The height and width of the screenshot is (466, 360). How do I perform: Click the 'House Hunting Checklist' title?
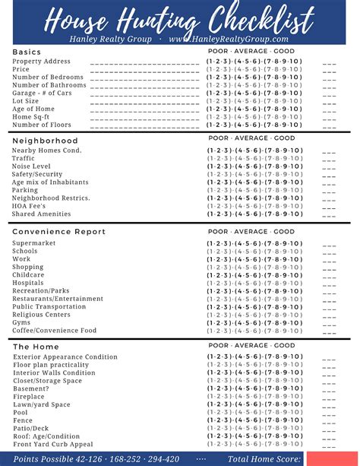pos(180,17)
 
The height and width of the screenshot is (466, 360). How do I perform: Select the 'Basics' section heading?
pos(27,52)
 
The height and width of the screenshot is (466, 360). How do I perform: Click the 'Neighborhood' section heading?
pos(45,141)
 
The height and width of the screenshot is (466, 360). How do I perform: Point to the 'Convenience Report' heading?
pos(59,231)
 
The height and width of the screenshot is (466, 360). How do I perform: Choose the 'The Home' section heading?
pos(36,347)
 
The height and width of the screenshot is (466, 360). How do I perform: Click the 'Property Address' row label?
pos(42,61)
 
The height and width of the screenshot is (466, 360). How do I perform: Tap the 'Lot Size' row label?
pos(26,101)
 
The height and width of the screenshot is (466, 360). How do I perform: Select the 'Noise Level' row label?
pos(32,166)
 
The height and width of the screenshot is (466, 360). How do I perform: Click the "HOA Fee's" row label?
pos(29,206)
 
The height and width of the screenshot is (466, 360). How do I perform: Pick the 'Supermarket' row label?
pos(34,243)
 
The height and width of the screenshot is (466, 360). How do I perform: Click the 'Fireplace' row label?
pos(29,397)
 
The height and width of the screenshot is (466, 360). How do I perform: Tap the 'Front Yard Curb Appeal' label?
pos(53,445)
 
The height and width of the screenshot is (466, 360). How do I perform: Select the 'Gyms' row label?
pos(21,322)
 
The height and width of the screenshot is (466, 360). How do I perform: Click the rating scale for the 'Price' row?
pos(254,69)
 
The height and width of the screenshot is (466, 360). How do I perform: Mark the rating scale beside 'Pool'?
pos(254,413)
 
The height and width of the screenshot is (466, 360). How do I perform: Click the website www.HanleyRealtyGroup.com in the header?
pos(229,39)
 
